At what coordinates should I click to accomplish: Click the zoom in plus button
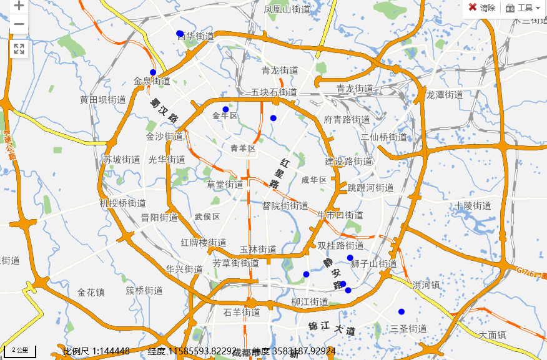(19, 6)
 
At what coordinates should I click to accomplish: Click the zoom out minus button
(19, 24)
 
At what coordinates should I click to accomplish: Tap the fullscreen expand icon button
(19, 49)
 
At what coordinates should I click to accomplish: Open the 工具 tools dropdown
(523, 7)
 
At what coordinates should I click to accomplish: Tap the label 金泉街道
(152, 81)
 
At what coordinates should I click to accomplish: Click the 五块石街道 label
(274, 92)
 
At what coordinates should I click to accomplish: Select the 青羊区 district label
(243, 148)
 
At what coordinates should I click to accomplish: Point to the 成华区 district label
(314, 180)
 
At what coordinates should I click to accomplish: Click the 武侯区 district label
(207, 216)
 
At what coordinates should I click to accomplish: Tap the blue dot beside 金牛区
(225, 109)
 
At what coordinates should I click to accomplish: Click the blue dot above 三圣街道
(402, 311)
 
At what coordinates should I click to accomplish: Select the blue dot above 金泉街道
(153, 72)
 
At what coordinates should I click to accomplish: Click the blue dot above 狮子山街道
(350, 258)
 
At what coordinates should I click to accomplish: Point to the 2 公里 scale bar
(20, 351)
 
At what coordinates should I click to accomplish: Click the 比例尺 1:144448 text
(96, 351)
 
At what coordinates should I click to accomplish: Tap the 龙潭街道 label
(445, 95)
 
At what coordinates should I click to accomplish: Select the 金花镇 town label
(91, 292)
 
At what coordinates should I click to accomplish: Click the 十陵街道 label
(473, 206)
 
